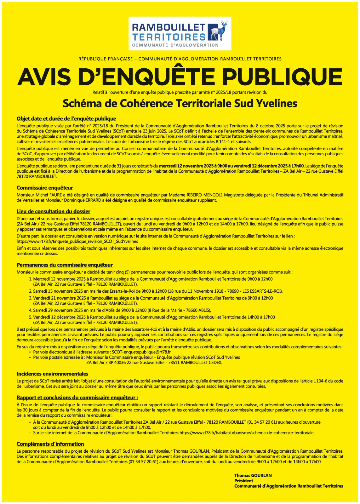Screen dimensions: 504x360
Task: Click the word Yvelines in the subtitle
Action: click(276, 103)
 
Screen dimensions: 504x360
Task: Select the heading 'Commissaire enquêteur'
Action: click(45, 188)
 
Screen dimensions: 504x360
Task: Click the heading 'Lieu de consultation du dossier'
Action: click(54, 212)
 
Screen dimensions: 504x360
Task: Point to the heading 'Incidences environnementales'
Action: click(53, 374)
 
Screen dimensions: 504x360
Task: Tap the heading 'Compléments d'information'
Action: click(50, 444)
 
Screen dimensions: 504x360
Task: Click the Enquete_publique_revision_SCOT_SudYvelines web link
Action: click(77, 241)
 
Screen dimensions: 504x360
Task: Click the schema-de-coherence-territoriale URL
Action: click(247, 433)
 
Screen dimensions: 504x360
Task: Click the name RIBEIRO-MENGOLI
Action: click(204, 195)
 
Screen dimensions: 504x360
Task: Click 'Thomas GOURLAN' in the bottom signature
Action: click(253, 476)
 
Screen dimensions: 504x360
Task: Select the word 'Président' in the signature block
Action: click(244, 481)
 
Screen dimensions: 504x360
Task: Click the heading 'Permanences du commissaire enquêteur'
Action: click(65, 265)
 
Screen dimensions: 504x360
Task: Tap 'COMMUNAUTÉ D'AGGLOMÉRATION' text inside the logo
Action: click(175, 45)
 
